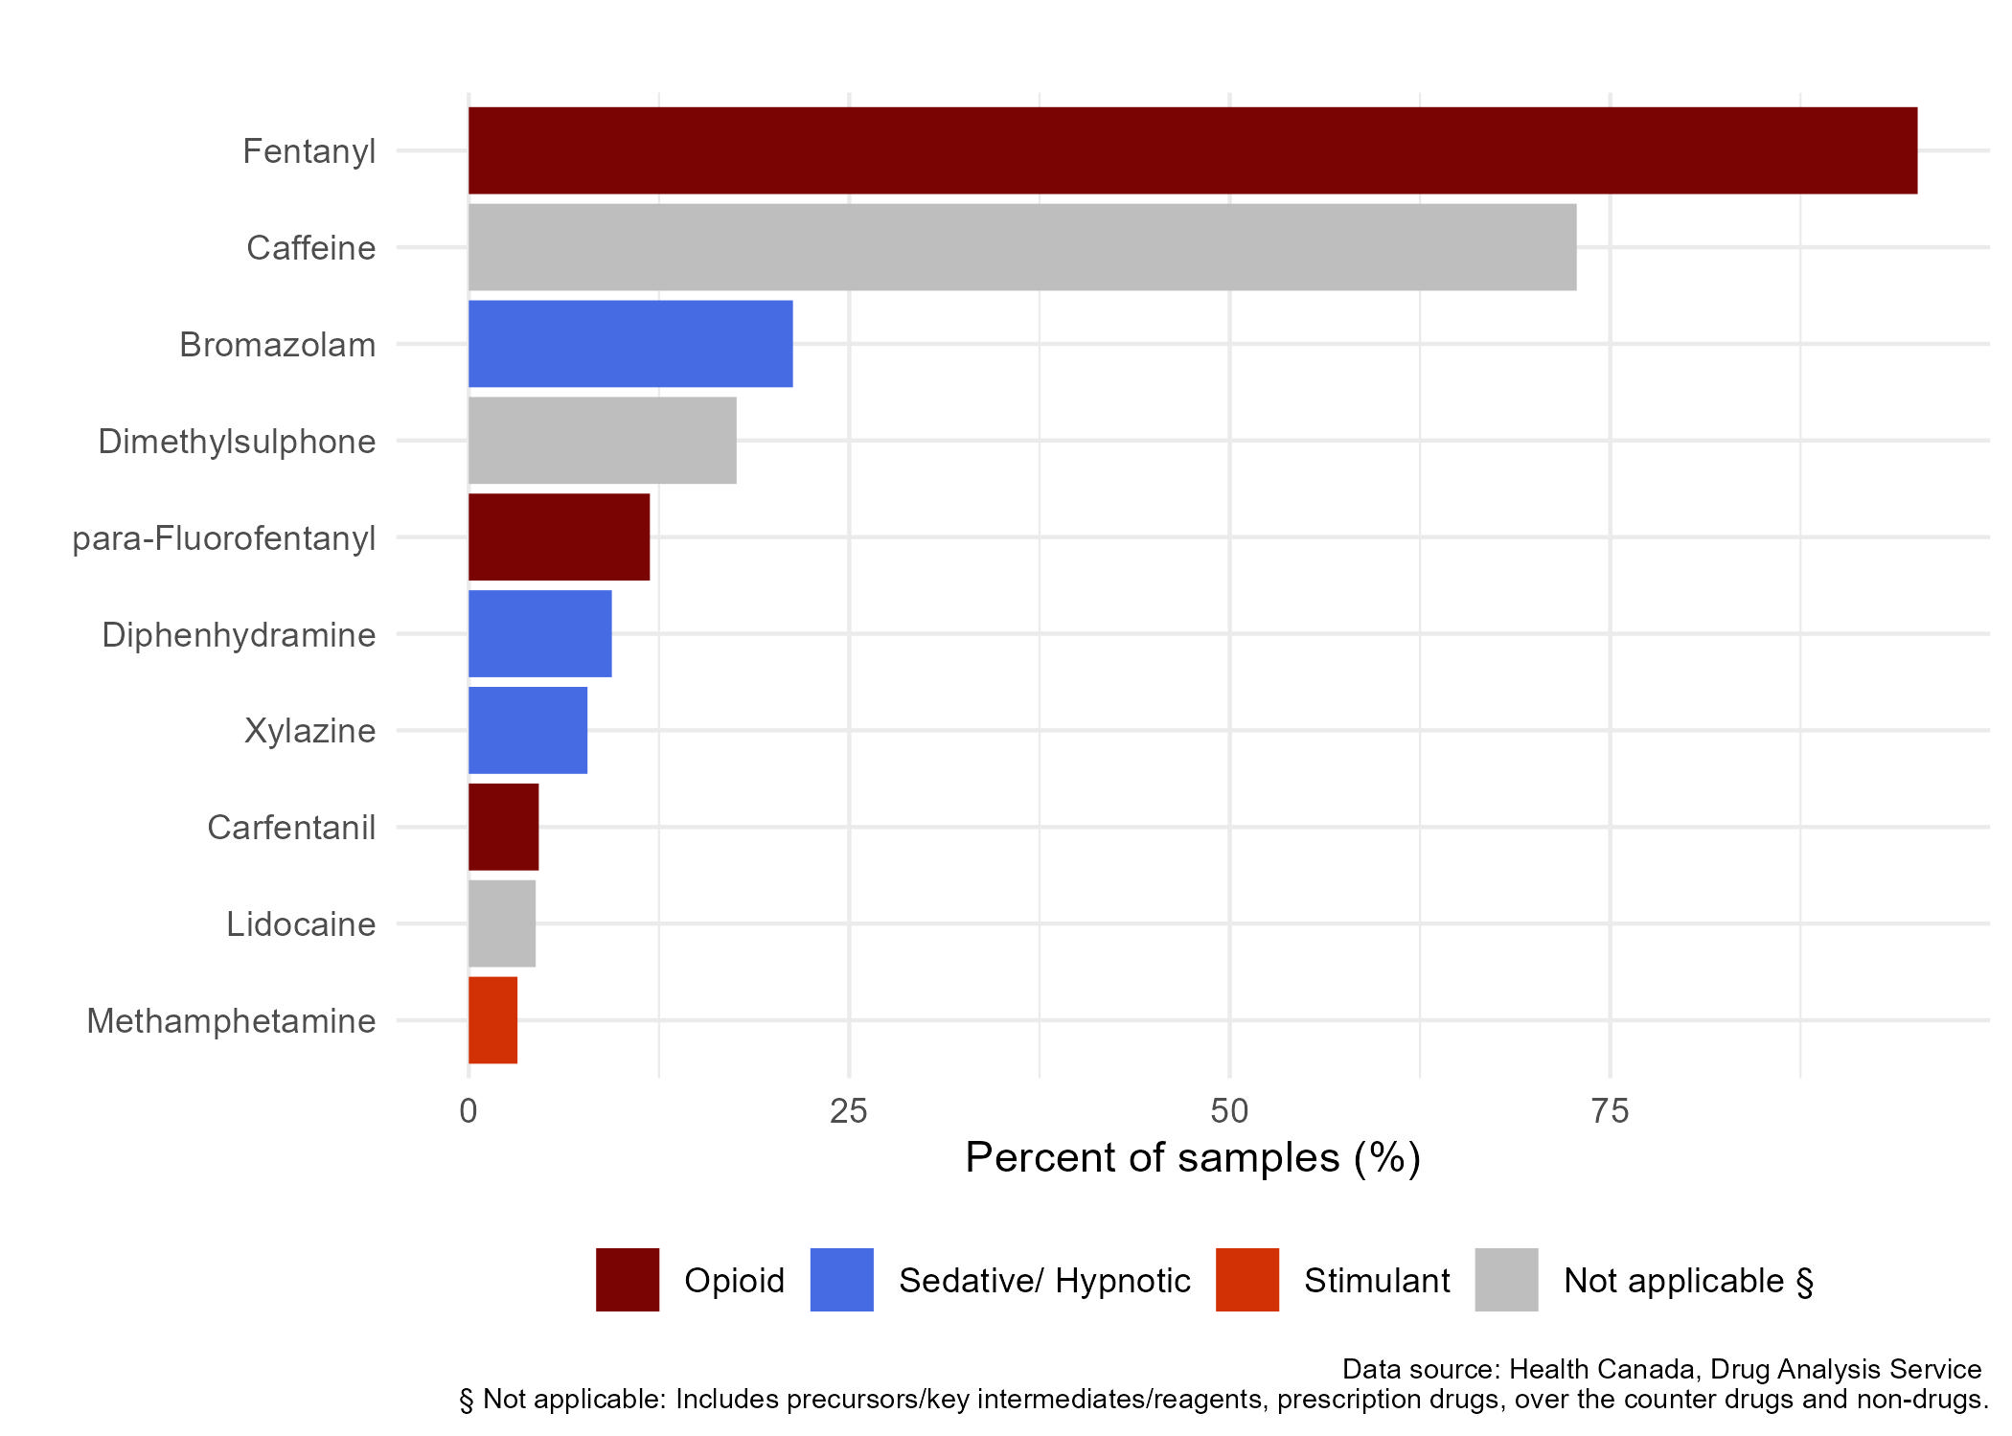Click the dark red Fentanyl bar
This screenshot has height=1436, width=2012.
tap(1192, 150)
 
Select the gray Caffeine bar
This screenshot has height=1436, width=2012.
tap(1021, 247)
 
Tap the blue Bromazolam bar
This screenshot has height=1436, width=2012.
tap(630, 344)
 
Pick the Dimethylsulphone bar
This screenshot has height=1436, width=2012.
tap(602, 441)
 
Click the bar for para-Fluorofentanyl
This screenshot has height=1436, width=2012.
tap(559, 537)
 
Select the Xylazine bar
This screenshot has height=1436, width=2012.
tap(527, 730)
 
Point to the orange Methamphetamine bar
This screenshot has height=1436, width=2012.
tap(492, 1020)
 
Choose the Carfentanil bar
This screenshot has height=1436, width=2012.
tap(503, 827)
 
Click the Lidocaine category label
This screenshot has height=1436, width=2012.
tap(301, 924)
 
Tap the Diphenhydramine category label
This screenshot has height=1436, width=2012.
tap(239, 635)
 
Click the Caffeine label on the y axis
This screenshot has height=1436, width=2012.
tap(310, 248)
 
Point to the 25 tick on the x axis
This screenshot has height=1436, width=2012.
tap(848, 1111)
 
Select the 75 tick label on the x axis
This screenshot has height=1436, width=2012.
tap(1610, 1111)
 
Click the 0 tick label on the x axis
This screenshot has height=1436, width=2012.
tap(468, 1111)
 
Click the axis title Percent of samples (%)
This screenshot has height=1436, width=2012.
tap(1192, 1157)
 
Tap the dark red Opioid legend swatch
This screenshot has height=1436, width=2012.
tap(628, 1280)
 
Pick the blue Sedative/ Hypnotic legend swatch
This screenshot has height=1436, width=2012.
tap(841, 1280)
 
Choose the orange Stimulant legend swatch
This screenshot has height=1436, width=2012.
tap(1246, 1280)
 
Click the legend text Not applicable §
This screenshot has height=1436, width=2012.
tap(1688, 1281)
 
